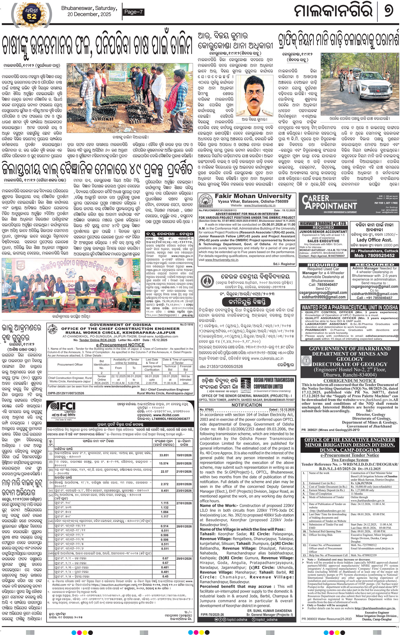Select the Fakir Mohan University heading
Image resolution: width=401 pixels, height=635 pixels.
(253, 196)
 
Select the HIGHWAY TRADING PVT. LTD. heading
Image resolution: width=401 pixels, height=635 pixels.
(323, 223)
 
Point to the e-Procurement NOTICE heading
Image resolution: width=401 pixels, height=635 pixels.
(120, 345)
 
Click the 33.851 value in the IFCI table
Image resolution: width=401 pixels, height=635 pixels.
(164, 455)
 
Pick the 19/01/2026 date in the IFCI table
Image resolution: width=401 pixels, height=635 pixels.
(184, 455)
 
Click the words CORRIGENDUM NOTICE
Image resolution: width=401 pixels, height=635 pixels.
(350, 381)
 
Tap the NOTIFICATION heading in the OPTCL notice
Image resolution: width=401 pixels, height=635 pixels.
(247, 405)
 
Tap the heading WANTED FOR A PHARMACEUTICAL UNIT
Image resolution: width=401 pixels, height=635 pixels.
(350, 308)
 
